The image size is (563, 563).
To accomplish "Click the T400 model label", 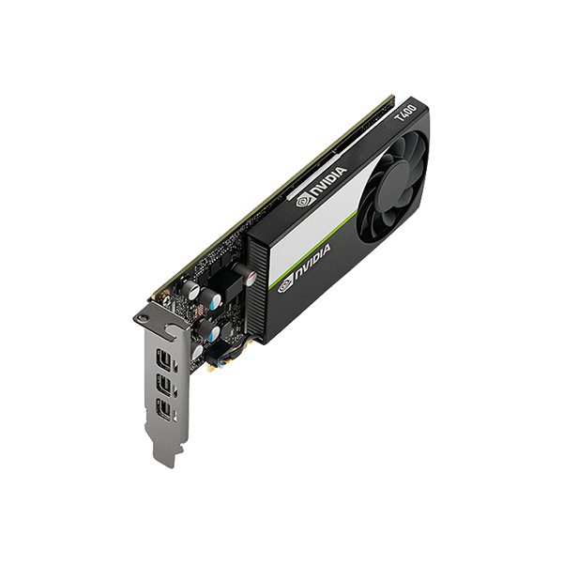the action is point(405,114).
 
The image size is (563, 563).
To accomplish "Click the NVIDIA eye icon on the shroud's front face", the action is point(285,284).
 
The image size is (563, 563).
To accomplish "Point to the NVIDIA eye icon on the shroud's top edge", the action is point(303,202).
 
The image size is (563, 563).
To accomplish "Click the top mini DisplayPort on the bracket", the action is point(160,359).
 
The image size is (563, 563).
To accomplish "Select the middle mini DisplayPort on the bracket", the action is point(160,384).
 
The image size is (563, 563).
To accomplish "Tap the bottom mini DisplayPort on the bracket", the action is point(160,409).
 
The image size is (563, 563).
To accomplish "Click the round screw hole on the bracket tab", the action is point(144,318).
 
